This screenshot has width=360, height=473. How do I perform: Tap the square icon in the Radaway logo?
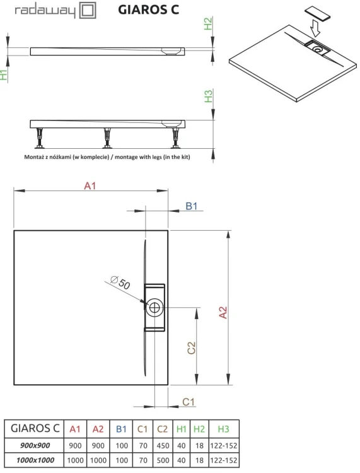87,11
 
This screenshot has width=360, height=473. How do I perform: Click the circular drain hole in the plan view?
154,308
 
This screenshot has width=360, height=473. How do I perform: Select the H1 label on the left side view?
5,75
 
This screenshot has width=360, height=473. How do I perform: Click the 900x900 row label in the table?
34,445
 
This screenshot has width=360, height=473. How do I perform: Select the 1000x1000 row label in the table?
34,461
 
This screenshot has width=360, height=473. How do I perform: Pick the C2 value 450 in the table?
161,445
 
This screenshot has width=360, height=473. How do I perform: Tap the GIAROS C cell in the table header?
34,429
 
